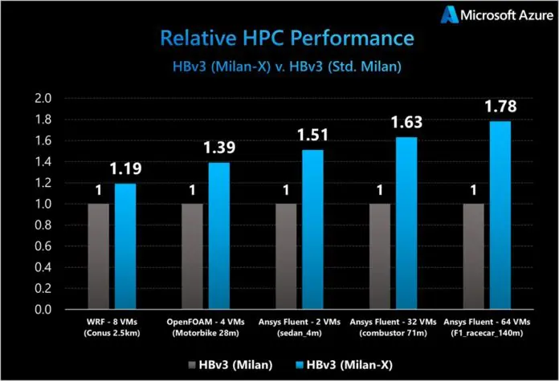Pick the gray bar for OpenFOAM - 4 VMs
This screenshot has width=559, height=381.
click(193, 257)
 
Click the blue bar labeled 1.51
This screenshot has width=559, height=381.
click(313, 229)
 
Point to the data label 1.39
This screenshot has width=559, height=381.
click(218, 148)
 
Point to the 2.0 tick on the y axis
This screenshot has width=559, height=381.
click(42, 99)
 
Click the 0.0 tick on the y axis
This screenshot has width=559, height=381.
click(42, 310)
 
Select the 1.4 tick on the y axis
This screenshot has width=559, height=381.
click(42, 162)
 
